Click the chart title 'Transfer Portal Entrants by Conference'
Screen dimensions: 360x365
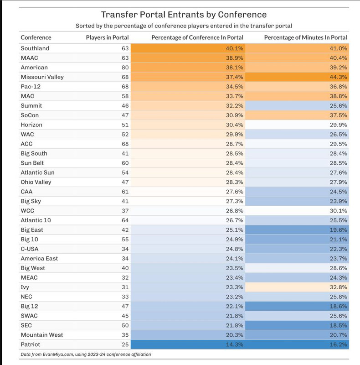[184, 15]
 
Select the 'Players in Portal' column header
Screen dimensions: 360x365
[107, 37]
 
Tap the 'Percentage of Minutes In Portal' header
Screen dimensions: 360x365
[306, 37]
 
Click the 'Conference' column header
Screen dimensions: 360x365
[36, 37]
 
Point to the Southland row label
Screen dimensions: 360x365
[35, 48]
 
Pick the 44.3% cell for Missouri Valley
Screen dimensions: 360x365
[297, 77]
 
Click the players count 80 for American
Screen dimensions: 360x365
[125, 68]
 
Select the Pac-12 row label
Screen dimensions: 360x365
[31, 87]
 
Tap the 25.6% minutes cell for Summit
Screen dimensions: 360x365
[297, 106]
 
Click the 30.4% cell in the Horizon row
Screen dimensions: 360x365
[188, 125]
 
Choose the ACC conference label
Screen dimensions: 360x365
[26, 144]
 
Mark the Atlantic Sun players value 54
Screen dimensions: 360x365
[125, 172]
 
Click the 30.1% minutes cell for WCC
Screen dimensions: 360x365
[297, 211]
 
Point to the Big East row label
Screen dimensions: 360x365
[32, 230]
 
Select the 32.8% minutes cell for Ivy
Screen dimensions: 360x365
[297, 287]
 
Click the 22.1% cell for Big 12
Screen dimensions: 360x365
[188, 306]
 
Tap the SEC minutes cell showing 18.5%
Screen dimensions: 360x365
[297, 325]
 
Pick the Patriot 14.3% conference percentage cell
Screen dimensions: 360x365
[188, 344]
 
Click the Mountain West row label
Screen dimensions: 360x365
[42, 335]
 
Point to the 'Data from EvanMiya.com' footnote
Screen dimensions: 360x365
[86, 355]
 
